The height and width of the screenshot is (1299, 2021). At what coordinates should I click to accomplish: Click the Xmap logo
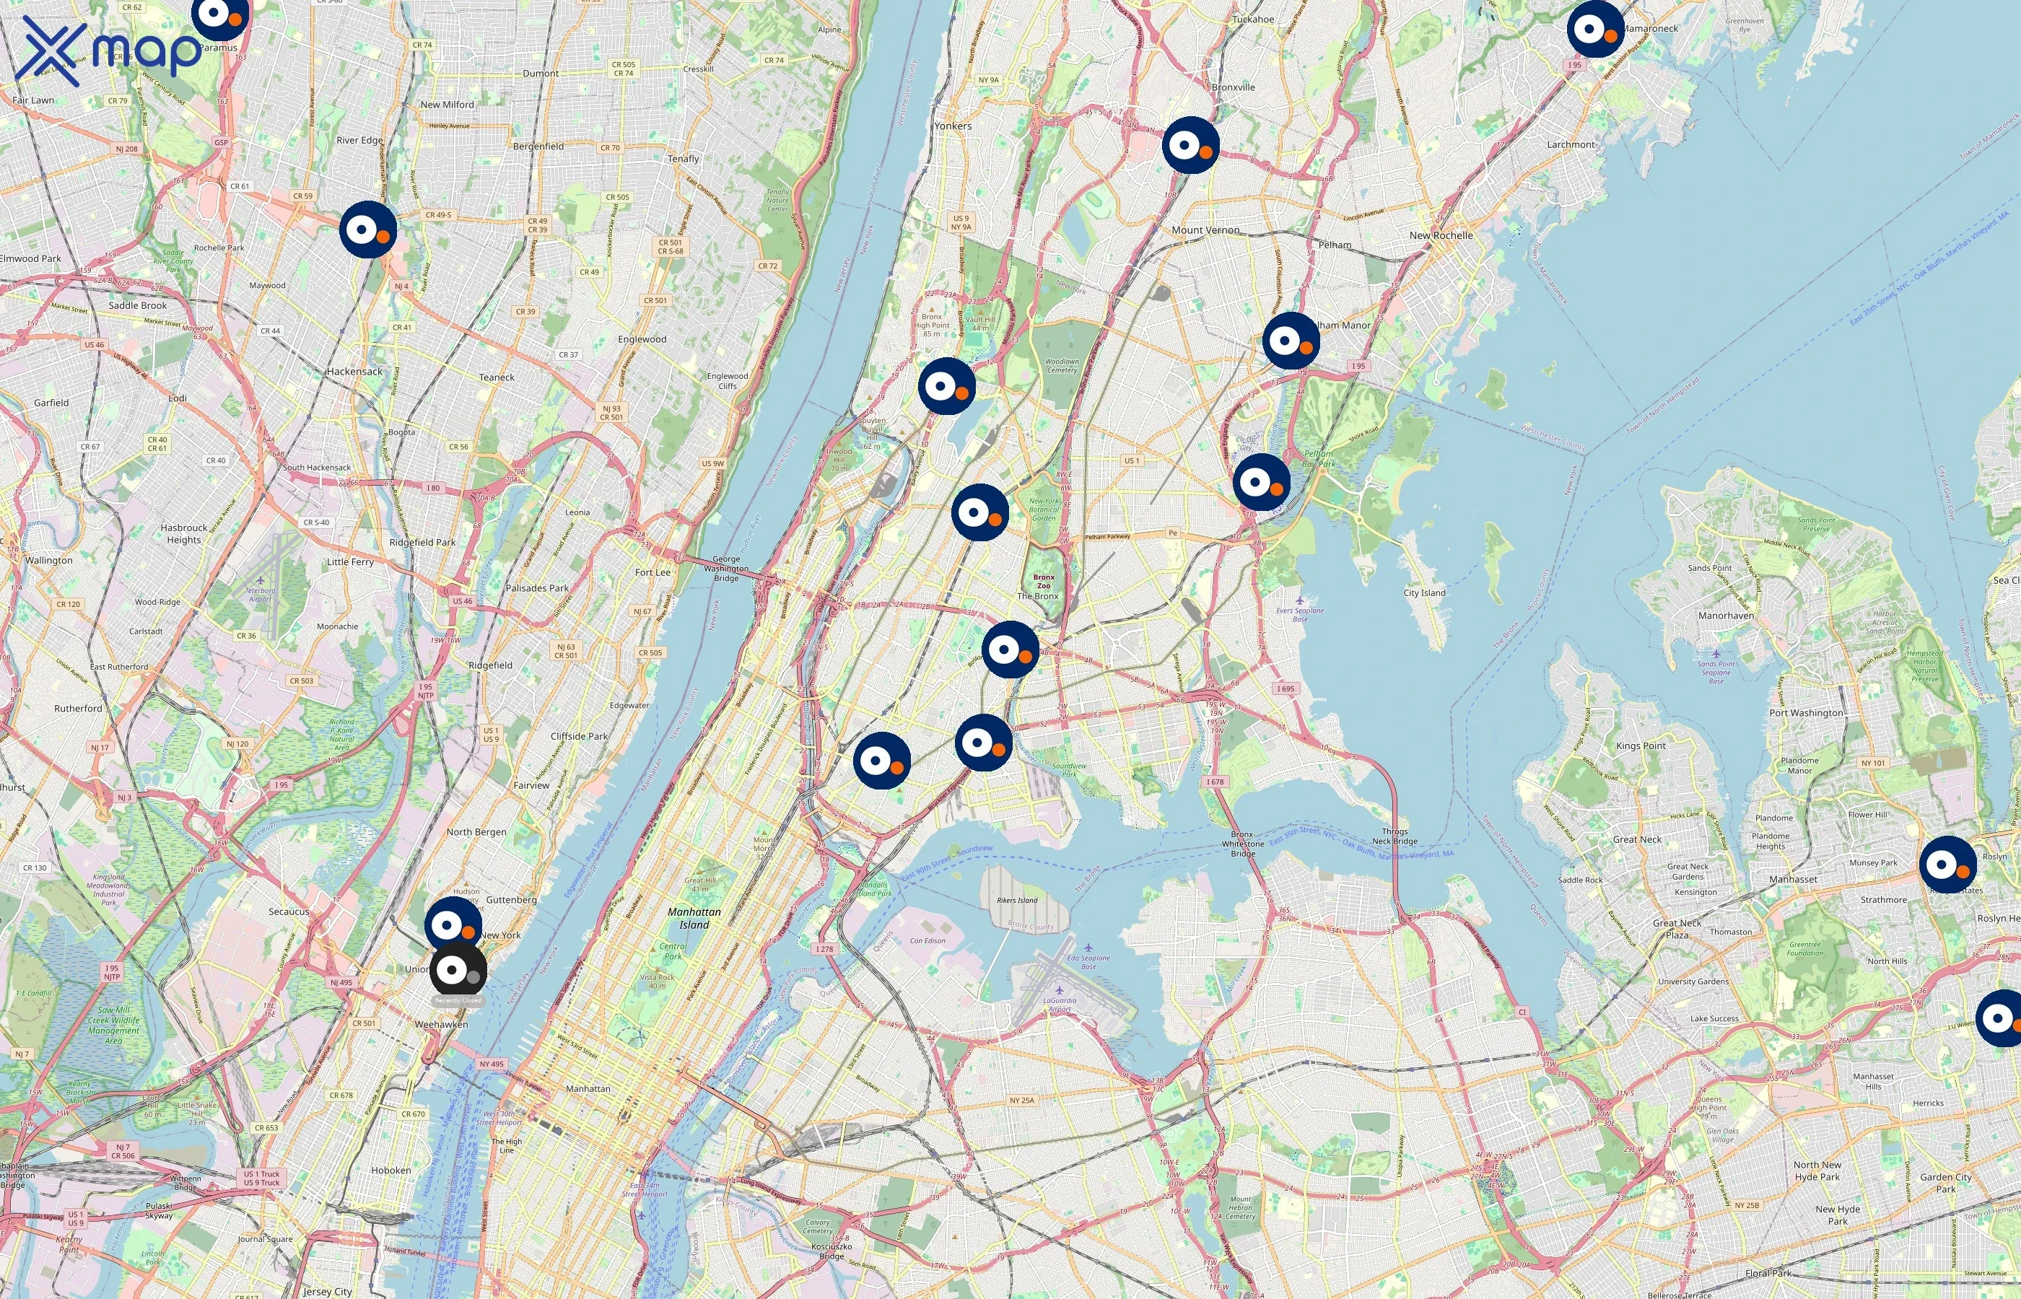tap(108, 51)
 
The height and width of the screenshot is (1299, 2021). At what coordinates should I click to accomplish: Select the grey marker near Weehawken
tap(458, 970)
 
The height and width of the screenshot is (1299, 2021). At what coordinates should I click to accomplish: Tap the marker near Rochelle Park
tap(368, 229)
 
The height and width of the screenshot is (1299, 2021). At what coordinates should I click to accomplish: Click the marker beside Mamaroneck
tap(1595, 30)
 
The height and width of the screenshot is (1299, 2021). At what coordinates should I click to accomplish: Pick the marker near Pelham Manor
tap(1291, 341)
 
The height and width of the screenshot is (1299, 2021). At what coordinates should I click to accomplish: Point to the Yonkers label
tap(952, 126)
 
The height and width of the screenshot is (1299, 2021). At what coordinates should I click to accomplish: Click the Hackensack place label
tap(354, 371)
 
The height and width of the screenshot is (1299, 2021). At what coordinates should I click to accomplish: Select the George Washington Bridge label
tap(725, 569)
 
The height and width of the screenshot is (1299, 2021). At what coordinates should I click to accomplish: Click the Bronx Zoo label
tap(1044, 581)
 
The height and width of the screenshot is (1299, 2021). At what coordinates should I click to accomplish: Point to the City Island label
tap(1424, 593)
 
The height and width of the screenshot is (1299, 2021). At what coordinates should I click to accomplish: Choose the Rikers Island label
tap(1016, 900)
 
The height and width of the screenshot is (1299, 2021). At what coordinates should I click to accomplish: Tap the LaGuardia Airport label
tap(1060, 1005)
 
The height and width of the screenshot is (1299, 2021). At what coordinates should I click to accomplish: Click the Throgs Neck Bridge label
tap(1394, 836)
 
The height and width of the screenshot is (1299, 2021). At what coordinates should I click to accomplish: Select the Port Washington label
tap(1806, 713)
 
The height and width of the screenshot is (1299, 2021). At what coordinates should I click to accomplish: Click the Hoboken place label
tap(390, 1170)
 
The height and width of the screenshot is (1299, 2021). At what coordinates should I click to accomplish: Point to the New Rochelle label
tap(1441, 235)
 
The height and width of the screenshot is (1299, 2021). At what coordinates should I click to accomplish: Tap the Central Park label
tap(672, 951)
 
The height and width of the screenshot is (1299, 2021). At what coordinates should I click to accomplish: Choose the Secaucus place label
tap(289, 912)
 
